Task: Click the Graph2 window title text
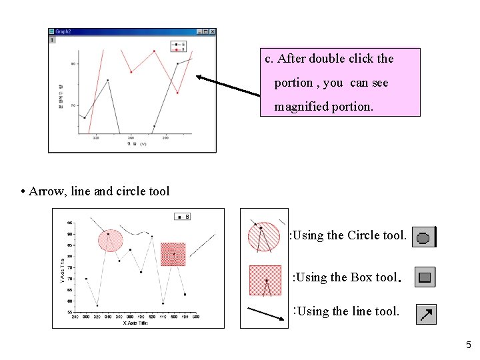point(63,31)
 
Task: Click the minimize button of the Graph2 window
point(199,31)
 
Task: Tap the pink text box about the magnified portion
point(340,82)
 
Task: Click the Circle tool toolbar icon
point(423,237)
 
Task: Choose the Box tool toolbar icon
point(425,277)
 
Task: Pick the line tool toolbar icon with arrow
point(426,313)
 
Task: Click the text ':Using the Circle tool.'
point(347,235)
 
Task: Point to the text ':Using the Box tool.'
point(346,277)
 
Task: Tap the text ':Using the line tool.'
point(347,311)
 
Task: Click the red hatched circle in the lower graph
point(110,240)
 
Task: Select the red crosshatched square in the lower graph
point(173,254)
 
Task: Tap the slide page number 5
point(468,345)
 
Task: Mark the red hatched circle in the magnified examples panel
point(263,237)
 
